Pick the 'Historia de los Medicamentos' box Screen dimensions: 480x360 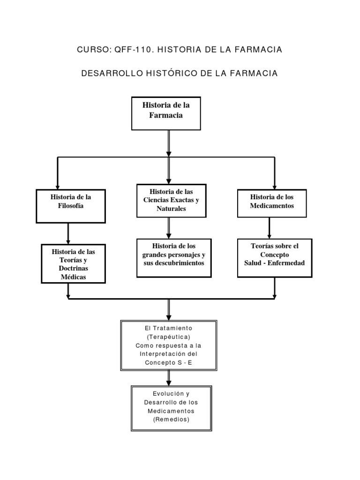[272, 203]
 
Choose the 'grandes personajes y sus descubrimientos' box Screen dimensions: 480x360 [174, 255]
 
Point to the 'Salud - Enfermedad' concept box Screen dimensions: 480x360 [274, 255]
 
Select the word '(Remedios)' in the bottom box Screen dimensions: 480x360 [171, 420]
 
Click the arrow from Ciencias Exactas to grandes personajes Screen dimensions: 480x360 [169, 228]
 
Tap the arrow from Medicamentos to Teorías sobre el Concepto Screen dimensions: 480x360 [269, 228]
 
